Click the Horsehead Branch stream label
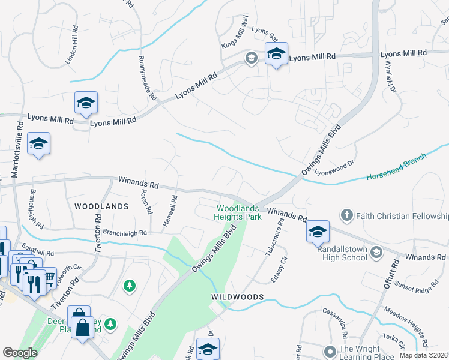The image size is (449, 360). pyautogui.click(x=396, y=167)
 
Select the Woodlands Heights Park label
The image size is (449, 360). pyautogui.click(x=239, y=212)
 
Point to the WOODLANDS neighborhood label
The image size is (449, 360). pyautogui.click(x=101, y=206)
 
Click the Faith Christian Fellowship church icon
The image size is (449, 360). pyautogui.click(x=346, y=215)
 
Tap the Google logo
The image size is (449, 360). pyautogui.click(x=20, y=353)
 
